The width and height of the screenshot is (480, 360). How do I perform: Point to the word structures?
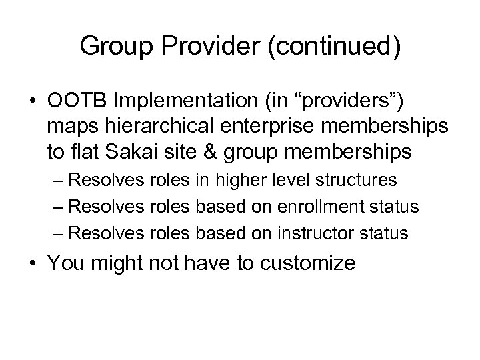pos(357,180)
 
